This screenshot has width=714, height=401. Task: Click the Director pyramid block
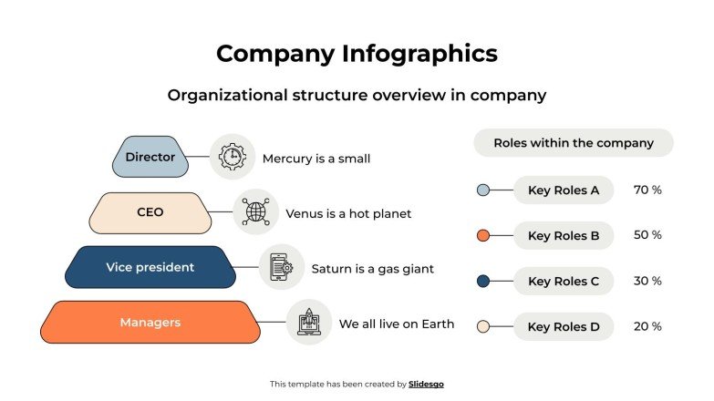pos(150,157)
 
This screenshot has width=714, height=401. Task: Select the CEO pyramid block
pos(150,212)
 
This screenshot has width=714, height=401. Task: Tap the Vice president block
pos(150,267)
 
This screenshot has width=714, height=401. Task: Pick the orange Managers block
pos(150,323)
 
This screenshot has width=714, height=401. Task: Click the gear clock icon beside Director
pos(232,158)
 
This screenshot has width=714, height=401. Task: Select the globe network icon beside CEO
pos(255,212)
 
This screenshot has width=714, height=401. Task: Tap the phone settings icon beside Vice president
pos(281,268)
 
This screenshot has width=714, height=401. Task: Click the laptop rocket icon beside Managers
pos(308,323)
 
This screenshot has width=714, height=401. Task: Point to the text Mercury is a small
pos(316,159)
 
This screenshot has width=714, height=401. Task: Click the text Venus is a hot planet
pos(348,213)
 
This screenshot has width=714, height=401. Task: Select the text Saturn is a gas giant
pos(372,269)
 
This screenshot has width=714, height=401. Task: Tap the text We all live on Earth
pos(396,324)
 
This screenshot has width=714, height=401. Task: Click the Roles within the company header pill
pos(574,143)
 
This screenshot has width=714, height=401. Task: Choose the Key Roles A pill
pos(564,190)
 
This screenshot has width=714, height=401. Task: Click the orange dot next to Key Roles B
pos(483,236)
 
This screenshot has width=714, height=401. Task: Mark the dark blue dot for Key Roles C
pos(483,281)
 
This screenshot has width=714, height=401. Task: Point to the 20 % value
pos(647,326)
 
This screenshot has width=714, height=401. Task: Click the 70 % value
pos(647,190)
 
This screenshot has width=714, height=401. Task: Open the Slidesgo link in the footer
pos(426,385)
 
